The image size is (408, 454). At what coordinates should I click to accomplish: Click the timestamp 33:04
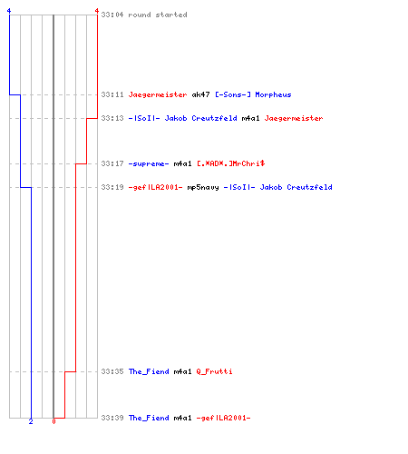click(x=112, y=15)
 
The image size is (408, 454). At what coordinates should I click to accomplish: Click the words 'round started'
click(x=158, y=15)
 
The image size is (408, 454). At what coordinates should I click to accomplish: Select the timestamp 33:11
click(x=112, y=94)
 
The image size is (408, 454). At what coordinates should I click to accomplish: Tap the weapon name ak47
click(x=200, y=94)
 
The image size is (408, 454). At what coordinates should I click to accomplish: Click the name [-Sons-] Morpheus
click(x=253, y=94)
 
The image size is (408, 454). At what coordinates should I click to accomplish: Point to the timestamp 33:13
click(x=112, y=118)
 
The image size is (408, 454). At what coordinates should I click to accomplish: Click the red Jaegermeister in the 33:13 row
click(x=294, y=118)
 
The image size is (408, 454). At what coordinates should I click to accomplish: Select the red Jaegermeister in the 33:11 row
click(x=158, y=94)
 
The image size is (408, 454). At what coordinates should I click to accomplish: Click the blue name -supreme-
click(x=149, y=163)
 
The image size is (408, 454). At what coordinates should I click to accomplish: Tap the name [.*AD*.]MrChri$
click(x=231, y=163)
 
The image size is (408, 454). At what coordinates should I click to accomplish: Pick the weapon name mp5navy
click(x=203, y=187)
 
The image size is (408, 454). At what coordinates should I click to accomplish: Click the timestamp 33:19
click(x=112, y=187)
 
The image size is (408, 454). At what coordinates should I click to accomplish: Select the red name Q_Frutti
click(x=214, y=371)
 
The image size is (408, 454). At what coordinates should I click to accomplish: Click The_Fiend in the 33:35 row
click(x=149, y=371)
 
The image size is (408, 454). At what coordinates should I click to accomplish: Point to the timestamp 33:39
click(x=112, y=418)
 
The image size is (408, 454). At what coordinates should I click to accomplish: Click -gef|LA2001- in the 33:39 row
click(x=223, y=418)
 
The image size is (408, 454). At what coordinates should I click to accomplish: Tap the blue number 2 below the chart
click(x=31, y=421)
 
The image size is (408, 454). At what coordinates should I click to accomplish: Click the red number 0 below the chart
click(x=53, y=421)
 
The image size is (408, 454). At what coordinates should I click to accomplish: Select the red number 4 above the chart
click(x=97, y=11)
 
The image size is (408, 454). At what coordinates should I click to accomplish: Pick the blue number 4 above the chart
click(x=9, y=11)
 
